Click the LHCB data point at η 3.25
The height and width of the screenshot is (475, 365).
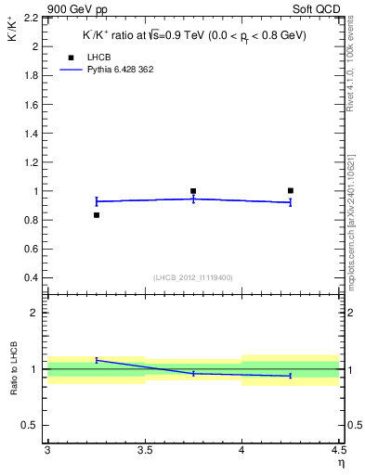96,215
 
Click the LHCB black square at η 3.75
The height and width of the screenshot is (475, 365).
193,191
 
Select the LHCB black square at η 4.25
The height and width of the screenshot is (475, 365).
291,190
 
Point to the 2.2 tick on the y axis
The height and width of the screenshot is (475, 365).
33,18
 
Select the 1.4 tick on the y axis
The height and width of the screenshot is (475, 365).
33,134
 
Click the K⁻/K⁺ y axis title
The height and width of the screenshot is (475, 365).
13,36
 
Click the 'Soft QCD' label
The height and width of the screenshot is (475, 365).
320,8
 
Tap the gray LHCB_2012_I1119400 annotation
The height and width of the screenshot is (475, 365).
192,278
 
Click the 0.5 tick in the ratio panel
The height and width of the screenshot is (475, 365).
35,425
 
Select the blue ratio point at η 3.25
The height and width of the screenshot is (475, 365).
96,359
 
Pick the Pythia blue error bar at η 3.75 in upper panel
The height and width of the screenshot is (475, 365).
193,199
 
